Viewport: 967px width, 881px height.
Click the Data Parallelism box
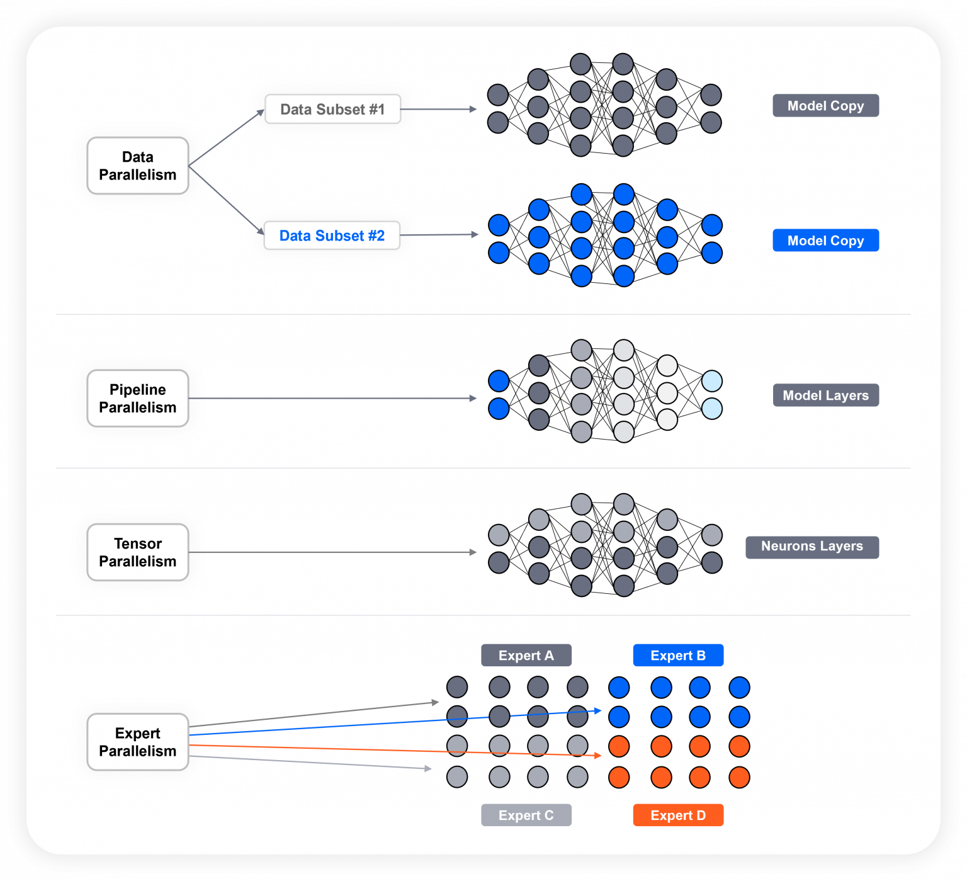pos(137,166)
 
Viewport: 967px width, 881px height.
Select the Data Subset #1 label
pos(332,110)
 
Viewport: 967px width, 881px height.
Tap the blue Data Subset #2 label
pos(332,236)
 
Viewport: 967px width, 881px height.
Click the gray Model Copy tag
pos(825,106)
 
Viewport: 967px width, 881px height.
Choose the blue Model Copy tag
pos(825,241)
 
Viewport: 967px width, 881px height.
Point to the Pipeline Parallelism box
pos(137,398)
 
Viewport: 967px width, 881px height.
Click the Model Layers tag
pos(825,395)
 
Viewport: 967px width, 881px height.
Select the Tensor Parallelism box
pos(137,552)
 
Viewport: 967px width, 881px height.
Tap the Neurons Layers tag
pos(811,547)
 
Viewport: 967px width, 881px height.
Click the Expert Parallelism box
pos(137,742)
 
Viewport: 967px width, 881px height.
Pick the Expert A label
pos(526,656)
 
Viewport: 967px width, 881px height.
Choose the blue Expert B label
pos(678,656)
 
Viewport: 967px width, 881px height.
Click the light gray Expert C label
pos(526,816)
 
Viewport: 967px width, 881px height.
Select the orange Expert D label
pos(678,816)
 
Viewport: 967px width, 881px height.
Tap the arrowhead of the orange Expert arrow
pos(597,755)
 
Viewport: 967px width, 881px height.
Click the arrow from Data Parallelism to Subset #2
pos(227,201)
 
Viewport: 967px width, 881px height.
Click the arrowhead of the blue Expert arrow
pos(597,711)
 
